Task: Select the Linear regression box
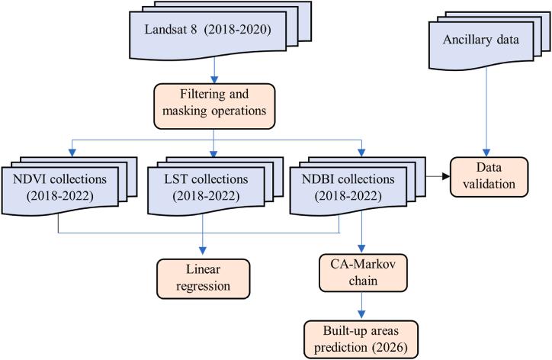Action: [x=202, y=279]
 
